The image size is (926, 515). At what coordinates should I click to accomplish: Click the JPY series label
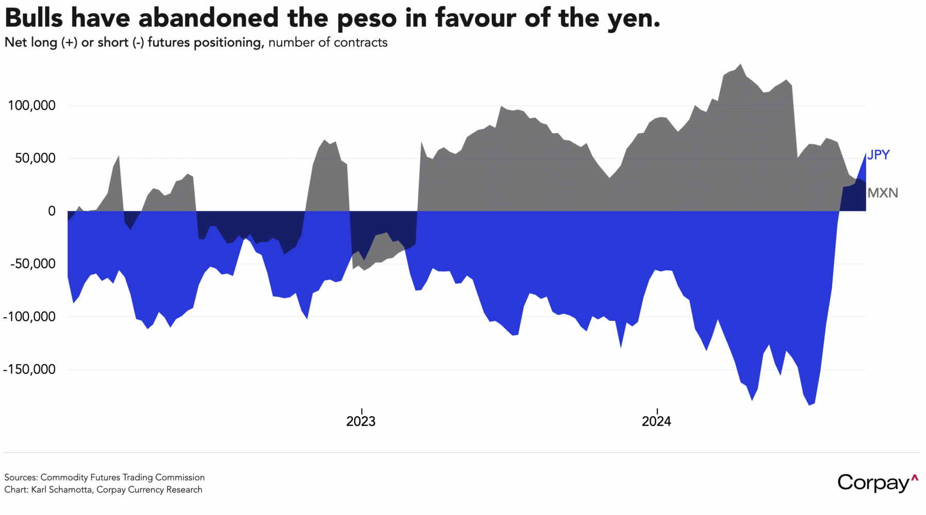coord(878,155)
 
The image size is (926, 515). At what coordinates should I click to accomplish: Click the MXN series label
coord(883,193)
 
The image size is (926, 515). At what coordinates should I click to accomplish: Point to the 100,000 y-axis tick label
coord(31,106)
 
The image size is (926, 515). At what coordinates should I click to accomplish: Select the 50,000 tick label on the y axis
coord(35,158)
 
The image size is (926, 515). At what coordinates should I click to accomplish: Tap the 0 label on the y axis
coord(52,211)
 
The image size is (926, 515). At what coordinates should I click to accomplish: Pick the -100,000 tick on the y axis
coord(29,317)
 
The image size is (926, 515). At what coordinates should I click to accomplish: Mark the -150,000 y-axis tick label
coord(29,369)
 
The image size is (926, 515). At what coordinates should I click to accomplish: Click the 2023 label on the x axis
coord(361,421)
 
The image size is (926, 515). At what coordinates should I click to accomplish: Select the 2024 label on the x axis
coord(656,421)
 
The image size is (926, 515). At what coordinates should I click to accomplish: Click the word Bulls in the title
coord(34,19)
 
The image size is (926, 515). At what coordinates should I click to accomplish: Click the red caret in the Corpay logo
coord(915,478)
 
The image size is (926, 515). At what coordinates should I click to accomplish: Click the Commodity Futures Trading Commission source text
coord(123,477)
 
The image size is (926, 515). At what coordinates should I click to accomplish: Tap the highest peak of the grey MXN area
coord(740,65)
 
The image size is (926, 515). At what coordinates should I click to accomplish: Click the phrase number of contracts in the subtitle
coord(328,42)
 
